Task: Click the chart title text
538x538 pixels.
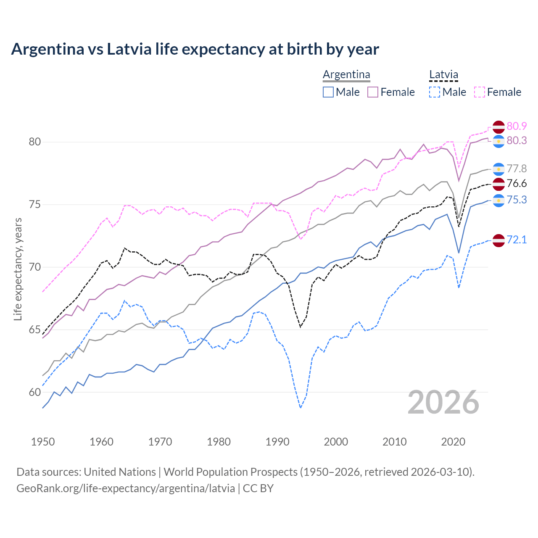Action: pos(195,49)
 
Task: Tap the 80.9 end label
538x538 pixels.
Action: pos(517,126)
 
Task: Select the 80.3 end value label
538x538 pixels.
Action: pos(517,140)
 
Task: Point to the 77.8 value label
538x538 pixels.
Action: pos(517,169)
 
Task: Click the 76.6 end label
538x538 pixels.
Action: pos(517,183)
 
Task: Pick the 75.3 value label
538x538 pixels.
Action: pos(517,200)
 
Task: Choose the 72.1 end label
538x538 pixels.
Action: pos(517,240)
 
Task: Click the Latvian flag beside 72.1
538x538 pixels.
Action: pos(498,240)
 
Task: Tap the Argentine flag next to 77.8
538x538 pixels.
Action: pos(498,169)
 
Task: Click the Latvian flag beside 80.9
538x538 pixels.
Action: pos(498,127)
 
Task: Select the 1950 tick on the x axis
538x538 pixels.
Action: pos(43,442)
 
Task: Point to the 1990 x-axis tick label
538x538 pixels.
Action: pos(277,442)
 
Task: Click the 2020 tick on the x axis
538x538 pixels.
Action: pos(453,442)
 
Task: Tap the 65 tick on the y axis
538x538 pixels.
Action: pos(34,330)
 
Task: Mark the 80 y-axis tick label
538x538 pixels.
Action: pos(34,142)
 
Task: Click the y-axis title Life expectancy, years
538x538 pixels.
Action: pos(18,269)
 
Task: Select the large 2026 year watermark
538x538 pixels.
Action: pos(443,402)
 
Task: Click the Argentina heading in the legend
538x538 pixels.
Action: pos(346,75)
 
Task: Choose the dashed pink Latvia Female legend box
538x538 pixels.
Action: pos(480,92)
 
